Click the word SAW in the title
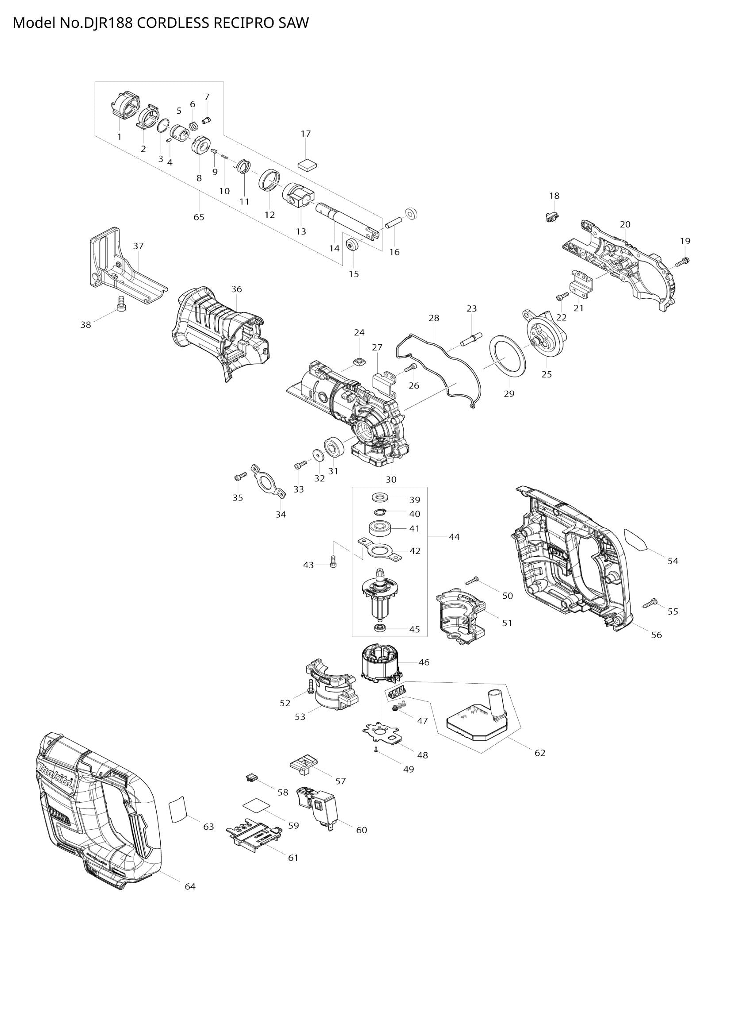click(293, 23)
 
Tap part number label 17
click(306, 134)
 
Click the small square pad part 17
click(308, 164)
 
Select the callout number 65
click(199, 217)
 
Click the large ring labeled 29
click(508, 356)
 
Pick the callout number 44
click(455, 537)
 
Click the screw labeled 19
click(683, 261)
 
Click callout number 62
click(539, 753)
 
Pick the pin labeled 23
click(471, 338)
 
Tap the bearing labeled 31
click(334, 448)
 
